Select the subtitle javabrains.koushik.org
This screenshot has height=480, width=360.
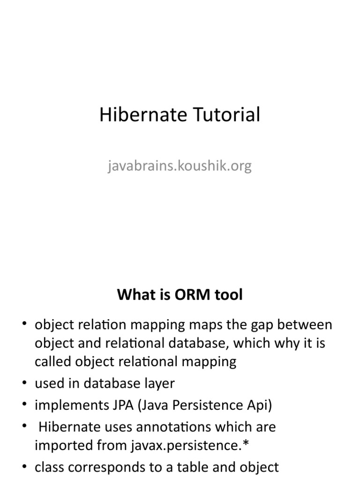click(x=180, y=165)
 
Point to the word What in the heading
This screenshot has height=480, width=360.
click(x=134, y=295)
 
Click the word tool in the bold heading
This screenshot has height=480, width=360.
click(x=227, y=295)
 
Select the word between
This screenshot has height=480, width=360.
click(x=307, y=325)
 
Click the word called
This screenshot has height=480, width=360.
click(x=52, y=361)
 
